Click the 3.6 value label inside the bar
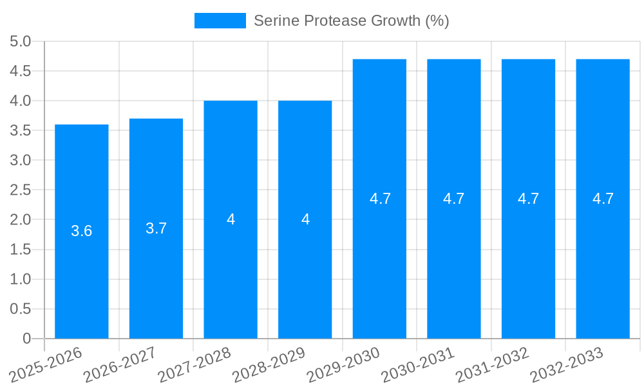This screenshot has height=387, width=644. click(82, 231)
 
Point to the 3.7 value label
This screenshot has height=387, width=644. click(156, 228)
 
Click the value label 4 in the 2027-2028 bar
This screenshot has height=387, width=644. click(231, 219)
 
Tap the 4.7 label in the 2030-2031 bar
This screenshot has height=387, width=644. click(454, 199)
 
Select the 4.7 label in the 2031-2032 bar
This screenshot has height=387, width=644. click(528, 199)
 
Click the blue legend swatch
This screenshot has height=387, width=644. click(220, 21)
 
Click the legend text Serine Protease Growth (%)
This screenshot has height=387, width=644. click(351, 21)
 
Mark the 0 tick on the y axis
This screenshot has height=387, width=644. click(26, 339)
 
